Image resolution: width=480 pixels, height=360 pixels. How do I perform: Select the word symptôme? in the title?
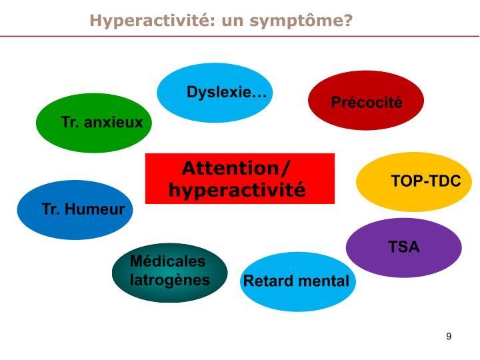pyautogui.click(x=301, y=21)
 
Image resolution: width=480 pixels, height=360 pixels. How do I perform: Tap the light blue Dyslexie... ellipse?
pyautogui.click(x=215, y=93)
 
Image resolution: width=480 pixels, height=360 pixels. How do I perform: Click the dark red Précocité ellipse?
pyautogui.click(x=366, y=101)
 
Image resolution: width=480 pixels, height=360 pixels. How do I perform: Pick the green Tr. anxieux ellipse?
pyautogui.click(x=94, y=123)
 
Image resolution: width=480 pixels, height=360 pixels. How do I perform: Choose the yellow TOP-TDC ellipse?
pyautogui.click(x=414, y=181)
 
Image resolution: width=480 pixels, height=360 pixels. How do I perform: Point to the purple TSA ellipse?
pyautogui.click(x=404, y=247)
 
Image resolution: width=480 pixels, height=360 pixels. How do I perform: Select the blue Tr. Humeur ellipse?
pyautogui.click(x=75, y=210)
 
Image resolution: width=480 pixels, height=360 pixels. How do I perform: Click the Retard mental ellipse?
pyautogui.click(x=298, y=281)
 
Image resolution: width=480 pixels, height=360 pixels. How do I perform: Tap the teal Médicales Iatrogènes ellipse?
pyautogui.click(x=170, y=273)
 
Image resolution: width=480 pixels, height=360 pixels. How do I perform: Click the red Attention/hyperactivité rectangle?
pyautogui.click(x=240, y=179)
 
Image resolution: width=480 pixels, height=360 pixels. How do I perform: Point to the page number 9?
pyautogui.click(x=449, y=336)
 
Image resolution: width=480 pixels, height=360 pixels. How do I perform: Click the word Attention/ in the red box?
pyautogui.click(x=236, y=168)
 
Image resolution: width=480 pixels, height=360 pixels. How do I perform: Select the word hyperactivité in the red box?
pyautogui.click(x=237, y=190)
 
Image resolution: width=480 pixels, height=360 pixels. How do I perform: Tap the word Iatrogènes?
pyautogui.click(x=170, y=280)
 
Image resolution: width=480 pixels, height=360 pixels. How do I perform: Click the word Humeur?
pyautogui.click(x=95, y=209)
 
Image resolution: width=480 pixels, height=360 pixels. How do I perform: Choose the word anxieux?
pyautogui.click(x=113, y=122)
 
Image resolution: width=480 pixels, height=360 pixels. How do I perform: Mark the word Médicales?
pyautogui.click(x=168, y=261)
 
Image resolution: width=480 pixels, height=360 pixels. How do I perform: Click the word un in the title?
pyautogui.click(x=233, y=21)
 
